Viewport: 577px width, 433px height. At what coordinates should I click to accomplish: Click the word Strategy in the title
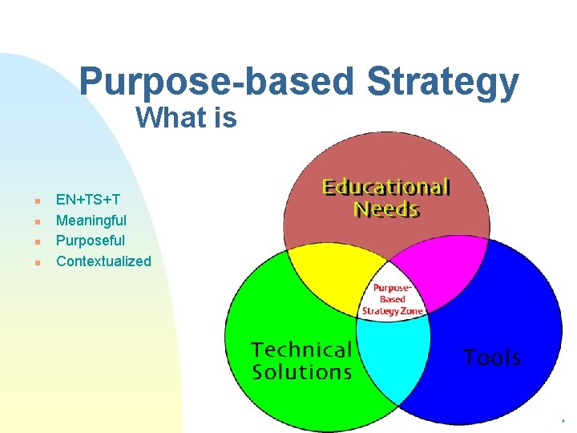[x=442, y=83]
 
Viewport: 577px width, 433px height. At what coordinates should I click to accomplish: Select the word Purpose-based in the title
[x=216, y=83]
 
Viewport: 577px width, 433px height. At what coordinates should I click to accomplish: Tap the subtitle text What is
[x=186, y=119]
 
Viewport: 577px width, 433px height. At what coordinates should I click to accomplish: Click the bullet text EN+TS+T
[x=88, y=199]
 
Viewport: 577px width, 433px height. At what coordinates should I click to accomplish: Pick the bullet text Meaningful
[x=91, y=220]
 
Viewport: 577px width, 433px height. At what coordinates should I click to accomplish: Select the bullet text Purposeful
[x=91, y=241]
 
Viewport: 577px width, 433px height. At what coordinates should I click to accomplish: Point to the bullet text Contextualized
[x=103, y=261]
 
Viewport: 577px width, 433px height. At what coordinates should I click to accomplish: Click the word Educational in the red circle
[x=386, y=188]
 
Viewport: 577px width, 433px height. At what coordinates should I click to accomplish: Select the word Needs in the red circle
[x=386, y=210]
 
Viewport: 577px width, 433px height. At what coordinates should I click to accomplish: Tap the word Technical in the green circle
[x=301, y=350]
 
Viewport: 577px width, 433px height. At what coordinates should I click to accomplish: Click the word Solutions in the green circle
[x=301, y=372]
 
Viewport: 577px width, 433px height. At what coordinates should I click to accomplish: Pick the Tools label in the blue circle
[x=492, y=358]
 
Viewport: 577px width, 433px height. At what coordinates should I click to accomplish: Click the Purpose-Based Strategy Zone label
[x=393, y=299]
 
